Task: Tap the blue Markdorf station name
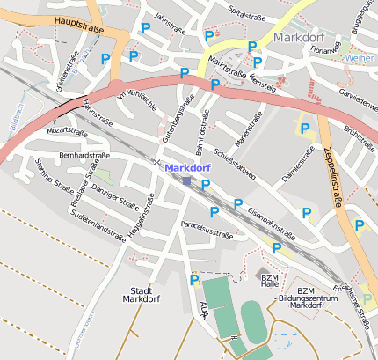187,167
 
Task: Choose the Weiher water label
359,57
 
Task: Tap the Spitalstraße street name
247,12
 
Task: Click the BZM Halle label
269,282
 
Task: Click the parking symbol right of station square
206,185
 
